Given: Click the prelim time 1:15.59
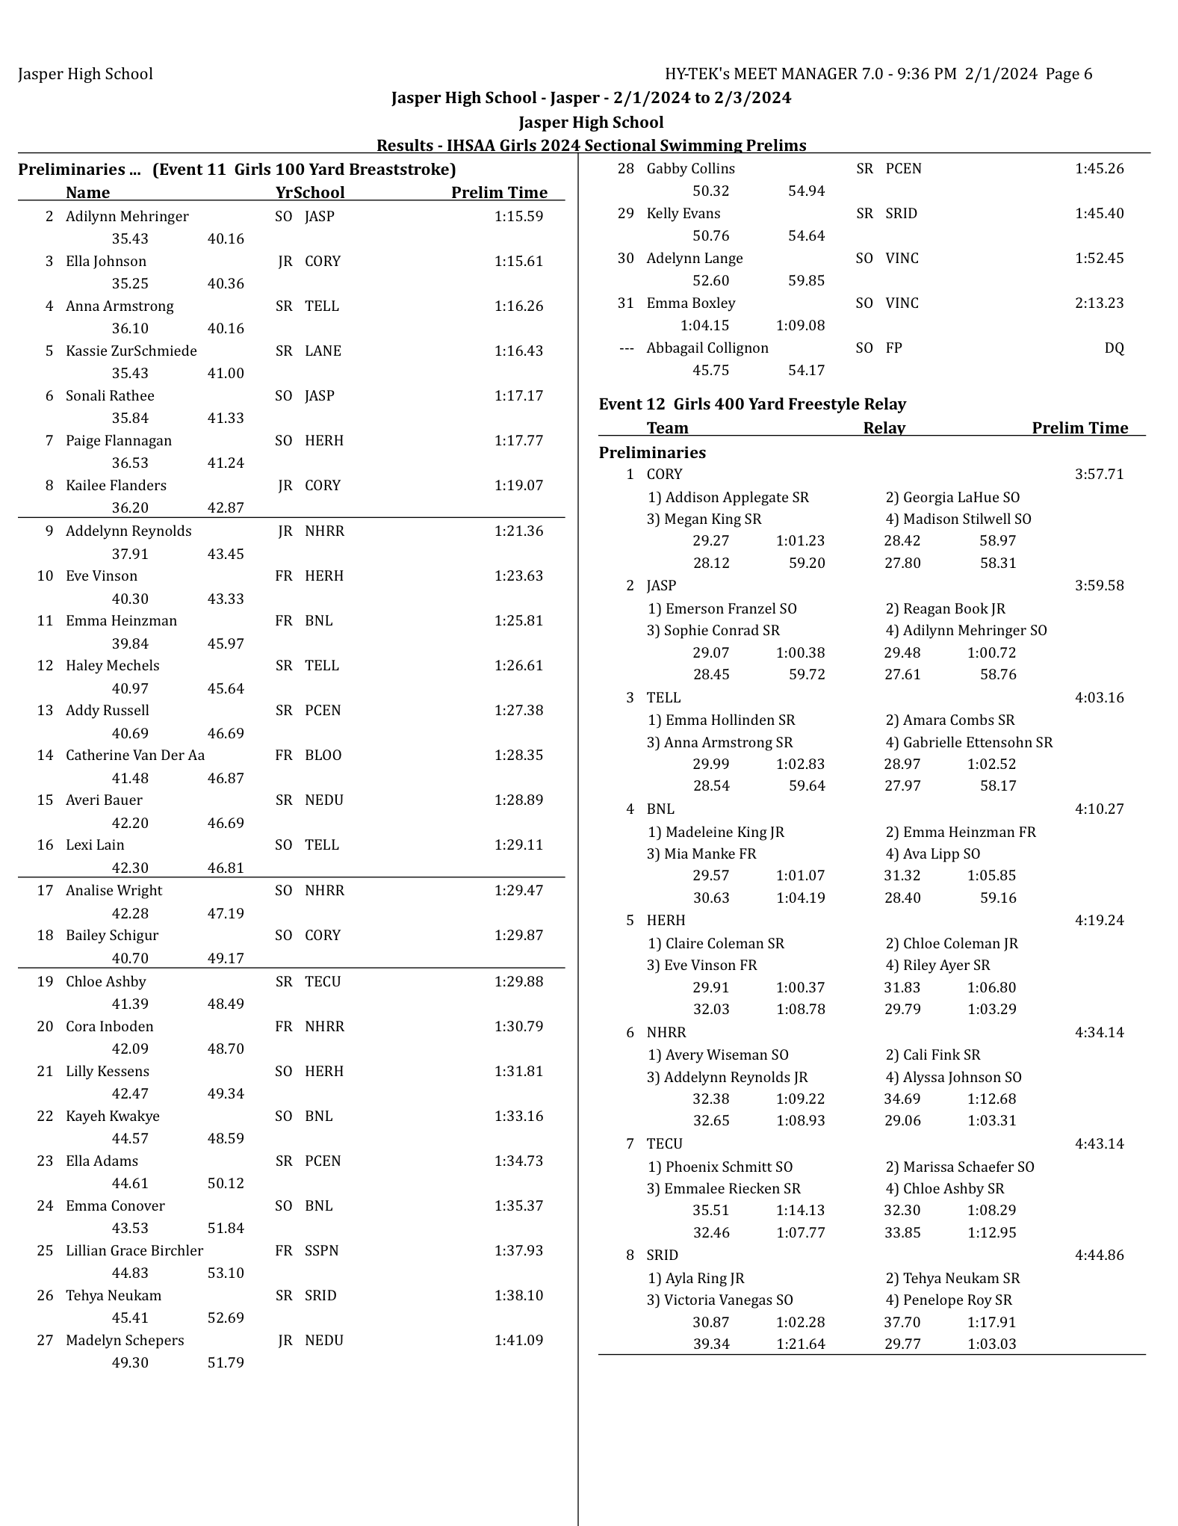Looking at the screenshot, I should [518, 217].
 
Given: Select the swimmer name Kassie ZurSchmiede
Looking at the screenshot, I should [131, 351].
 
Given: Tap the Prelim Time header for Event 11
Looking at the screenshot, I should [499, 193].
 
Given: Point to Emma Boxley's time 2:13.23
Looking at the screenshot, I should [1100, 303].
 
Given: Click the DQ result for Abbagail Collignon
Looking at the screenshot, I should [1114, 348].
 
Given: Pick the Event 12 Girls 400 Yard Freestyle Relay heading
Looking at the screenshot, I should [752, 404].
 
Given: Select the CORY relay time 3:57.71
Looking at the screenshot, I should [1100, 475].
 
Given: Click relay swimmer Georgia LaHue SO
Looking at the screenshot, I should [952, 498].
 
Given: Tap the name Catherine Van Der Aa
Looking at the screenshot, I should [135, 756].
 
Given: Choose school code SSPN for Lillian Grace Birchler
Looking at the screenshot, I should [321, 1251].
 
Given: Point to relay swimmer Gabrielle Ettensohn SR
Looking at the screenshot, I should [969, 743].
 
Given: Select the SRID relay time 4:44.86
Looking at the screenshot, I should [1100, 1255].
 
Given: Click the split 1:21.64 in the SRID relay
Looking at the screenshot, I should [801, 1344].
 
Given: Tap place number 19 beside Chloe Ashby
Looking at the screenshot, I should [45, 982].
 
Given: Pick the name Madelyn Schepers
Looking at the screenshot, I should [125, 1341].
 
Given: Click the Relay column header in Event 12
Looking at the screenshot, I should [884, 428].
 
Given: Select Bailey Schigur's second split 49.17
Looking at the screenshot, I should [226, 959].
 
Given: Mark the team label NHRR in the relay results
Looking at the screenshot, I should [666, 1033].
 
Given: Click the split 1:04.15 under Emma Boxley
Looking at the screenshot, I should [704, 326].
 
